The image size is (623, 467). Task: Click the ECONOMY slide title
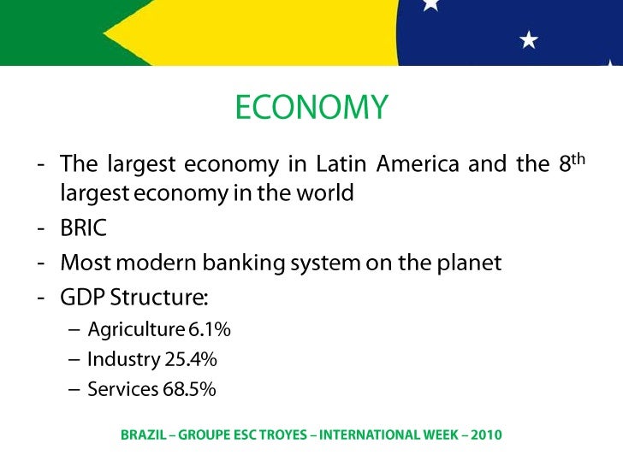coord(311,108)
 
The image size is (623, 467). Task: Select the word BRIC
coord(83,228)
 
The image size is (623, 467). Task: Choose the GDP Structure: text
coord(134,299)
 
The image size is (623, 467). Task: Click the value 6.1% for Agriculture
coord(210,329)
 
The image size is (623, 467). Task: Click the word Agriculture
coord(136,329)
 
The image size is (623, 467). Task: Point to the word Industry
coord(123,359)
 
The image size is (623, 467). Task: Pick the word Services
coord(123,389)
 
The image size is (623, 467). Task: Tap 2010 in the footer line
coord(485,434)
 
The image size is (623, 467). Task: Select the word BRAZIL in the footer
coord(143,434)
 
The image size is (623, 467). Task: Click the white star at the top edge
coord(430,4)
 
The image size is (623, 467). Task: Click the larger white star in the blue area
coord(530,39)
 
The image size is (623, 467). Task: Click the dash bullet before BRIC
coord(41,228)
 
